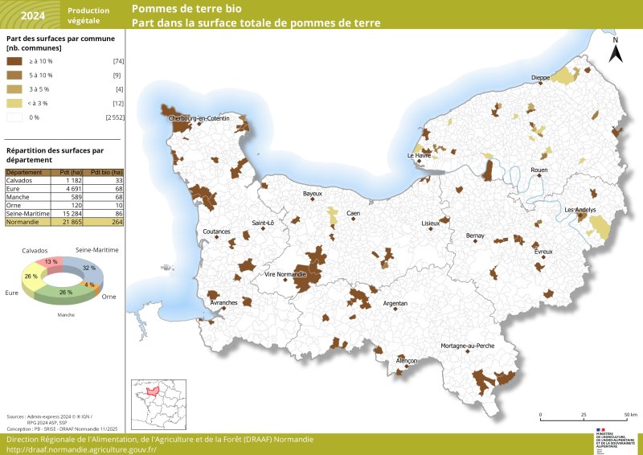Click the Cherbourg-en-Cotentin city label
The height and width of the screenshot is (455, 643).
(199, 118)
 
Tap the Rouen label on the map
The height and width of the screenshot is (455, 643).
(539, 170)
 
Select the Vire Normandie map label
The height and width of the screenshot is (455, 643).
(285, 274)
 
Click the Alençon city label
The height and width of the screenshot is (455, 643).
(407, 361)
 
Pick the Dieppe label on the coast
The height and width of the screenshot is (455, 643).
(540, 78)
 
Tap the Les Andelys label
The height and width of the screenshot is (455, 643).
(580, 210)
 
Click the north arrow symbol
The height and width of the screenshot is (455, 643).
(615, 51)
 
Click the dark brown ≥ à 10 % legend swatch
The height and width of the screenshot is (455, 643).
(14, 61)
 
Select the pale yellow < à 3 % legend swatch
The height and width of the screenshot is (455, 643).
(14, 103)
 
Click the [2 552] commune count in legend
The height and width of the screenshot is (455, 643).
(114, 117)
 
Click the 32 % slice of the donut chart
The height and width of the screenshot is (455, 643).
(88, 268)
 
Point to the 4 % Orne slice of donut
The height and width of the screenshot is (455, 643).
(89, 285)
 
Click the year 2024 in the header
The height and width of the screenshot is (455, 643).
(33, 15)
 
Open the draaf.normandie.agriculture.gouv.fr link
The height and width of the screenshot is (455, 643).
(81, 449)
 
